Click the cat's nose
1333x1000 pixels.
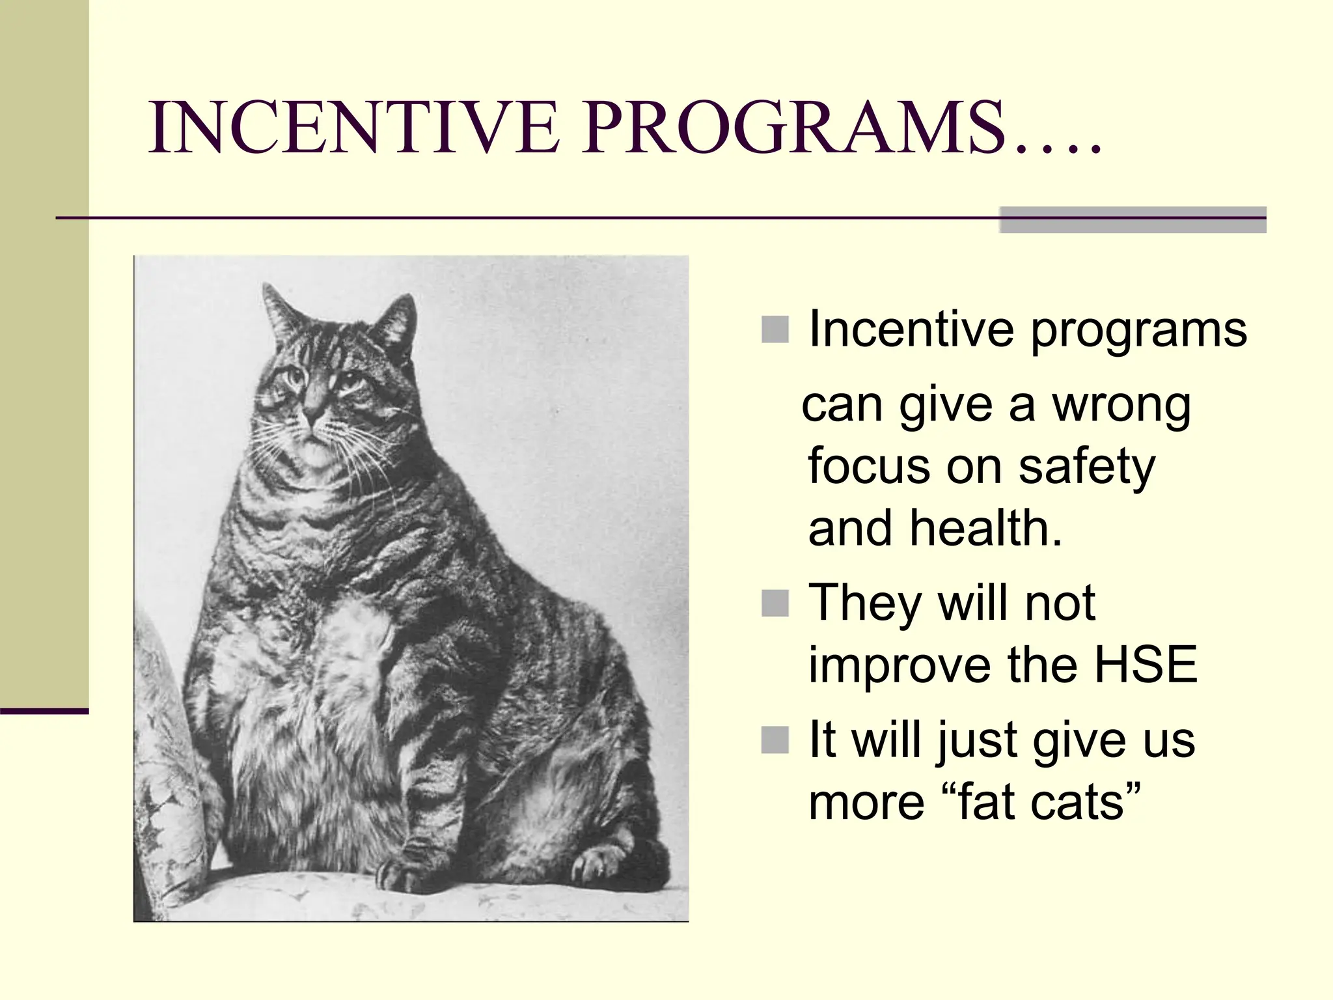click(x=313, y=413)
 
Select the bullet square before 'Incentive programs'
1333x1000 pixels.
click(x=775, y=329)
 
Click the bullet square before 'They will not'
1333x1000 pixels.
click(x=775, y=603)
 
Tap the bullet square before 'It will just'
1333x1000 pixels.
click(x=775, y=740)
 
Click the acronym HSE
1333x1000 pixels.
click(x=1145, y=665)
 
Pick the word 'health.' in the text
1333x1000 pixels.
click(x=986, y=529)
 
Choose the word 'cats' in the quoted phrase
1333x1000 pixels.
click(x=1077, y=802)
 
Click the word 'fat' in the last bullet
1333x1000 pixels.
click(x=986, y=802)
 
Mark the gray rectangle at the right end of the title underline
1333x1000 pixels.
click(x=1132, y=220)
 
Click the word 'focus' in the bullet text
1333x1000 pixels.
click(x=869, y=467)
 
